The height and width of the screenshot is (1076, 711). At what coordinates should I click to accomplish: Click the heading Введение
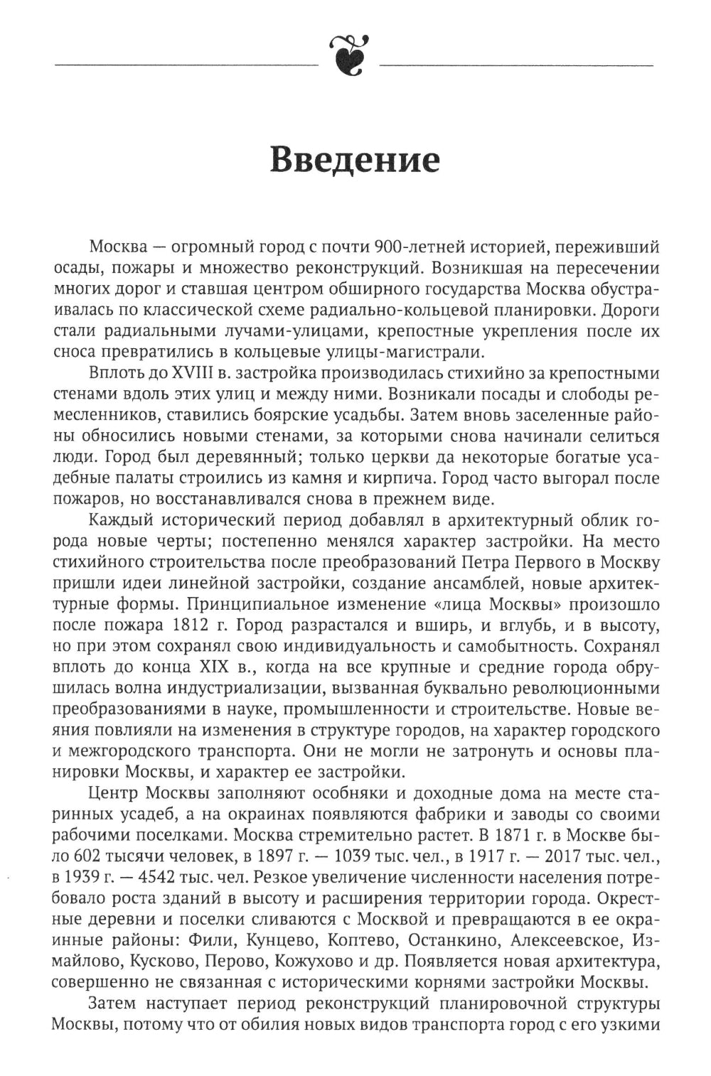pos(355,161)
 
